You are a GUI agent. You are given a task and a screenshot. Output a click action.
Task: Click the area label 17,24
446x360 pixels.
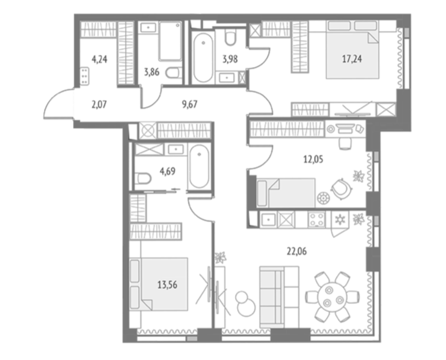[x=352, y=59]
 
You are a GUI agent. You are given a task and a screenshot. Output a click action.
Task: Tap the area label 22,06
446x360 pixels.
[x=296, y=251]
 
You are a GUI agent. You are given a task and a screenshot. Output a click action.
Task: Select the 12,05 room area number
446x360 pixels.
[x=313, y=159]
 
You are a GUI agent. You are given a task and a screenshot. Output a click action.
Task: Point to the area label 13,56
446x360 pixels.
[x=168, y=284]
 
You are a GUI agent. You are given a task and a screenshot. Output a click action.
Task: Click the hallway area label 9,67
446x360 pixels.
[x=190, y=104]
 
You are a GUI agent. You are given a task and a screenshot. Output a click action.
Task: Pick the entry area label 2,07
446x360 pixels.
[x=99, y=105]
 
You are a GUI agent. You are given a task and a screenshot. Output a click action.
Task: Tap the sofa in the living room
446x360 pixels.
[x=280, y=297]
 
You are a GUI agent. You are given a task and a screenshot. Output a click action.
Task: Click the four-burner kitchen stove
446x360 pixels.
[x=317, y=220]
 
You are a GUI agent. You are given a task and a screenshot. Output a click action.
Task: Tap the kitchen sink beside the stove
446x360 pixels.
[x=268, y=220]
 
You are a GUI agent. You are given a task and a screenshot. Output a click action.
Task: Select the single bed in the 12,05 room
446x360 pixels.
[x=286, y=193]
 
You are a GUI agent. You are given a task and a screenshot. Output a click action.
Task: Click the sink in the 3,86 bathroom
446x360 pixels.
[x=148, y=28]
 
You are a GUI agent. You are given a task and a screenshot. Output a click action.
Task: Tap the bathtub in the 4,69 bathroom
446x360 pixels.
[x=199, y=167]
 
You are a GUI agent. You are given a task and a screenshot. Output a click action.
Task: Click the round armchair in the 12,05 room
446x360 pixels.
[x=341, y=188]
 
